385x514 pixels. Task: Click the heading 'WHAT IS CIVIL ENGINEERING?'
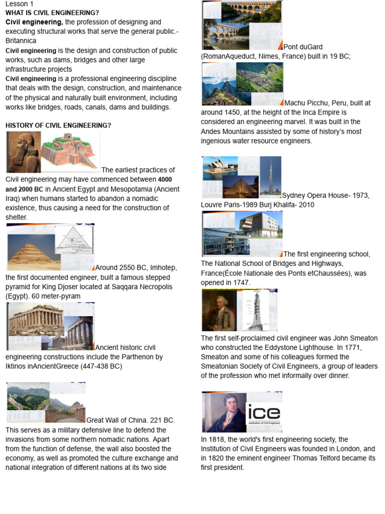point(52,13)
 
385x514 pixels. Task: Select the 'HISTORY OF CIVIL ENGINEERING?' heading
point(58,125)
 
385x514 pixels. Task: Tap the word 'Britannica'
point(21,40)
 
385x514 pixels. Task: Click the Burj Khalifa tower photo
point(270,176)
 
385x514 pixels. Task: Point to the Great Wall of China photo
point(45,402)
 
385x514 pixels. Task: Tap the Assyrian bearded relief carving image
point(24,152)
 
